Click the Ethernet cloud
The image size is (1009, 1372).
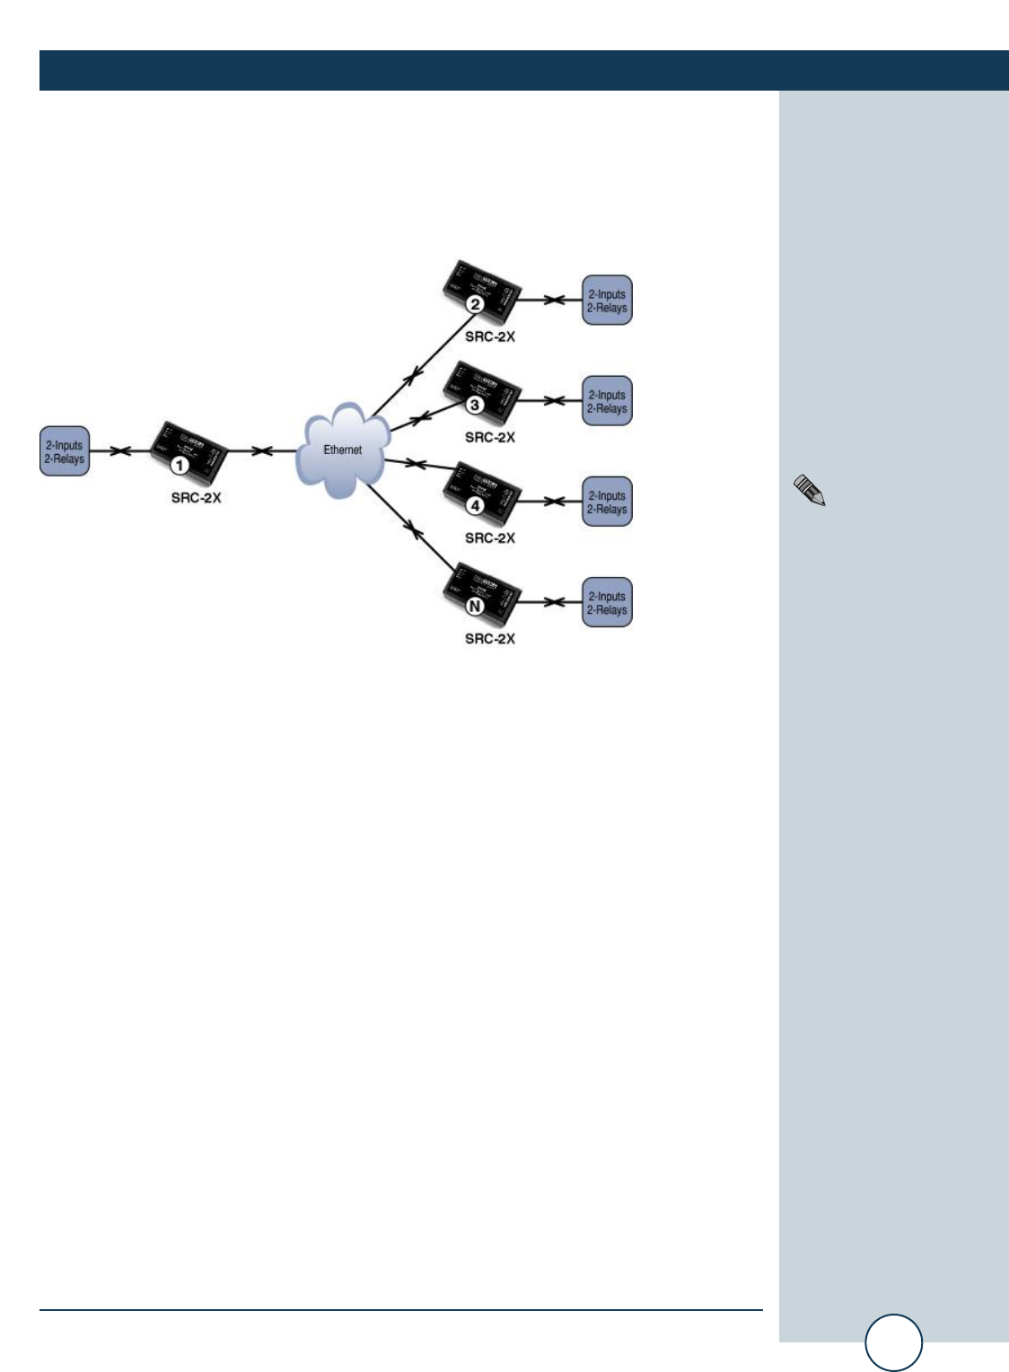(343, 450)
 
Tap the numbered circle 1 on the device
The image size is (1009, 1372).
(180, 465)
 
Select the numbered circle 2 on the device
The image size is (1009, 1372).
(475, 304)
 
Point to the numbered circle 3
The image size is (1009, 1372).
(475, 405)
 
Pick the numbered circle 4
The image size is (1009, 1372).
(475, 505)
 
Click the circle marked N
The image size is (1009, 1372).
(475, 606)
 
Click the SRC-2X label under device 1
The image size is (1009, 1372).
(196, 498)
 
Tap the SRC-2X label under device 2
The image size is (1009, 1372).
(490, 337)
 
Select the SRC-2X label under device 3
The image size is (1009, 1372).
(490, 438)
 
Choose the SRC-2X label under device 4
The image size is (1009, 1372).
(490, 538)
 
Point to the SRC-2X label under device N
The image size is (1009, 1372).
(490, 639)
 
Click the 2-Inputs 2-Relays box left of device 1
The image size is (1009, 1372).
(65, 451)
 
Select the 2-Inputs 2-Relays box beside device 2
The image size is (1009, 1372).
(607, 301)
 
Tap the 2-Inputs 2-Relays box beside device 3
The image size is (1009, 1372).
(607, 401)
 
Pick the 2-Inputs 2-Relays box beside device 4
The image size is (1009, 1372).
(607, 502)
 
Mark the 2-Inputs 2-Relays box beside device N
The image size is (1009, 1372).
(607, 602)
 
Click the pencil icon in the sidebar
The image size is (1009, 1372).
(809, 491)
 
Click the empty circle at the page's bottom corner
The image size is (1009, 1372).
(893, 1342)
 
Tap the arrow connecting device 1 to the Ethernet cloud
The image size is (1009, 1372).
(261, 451)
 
